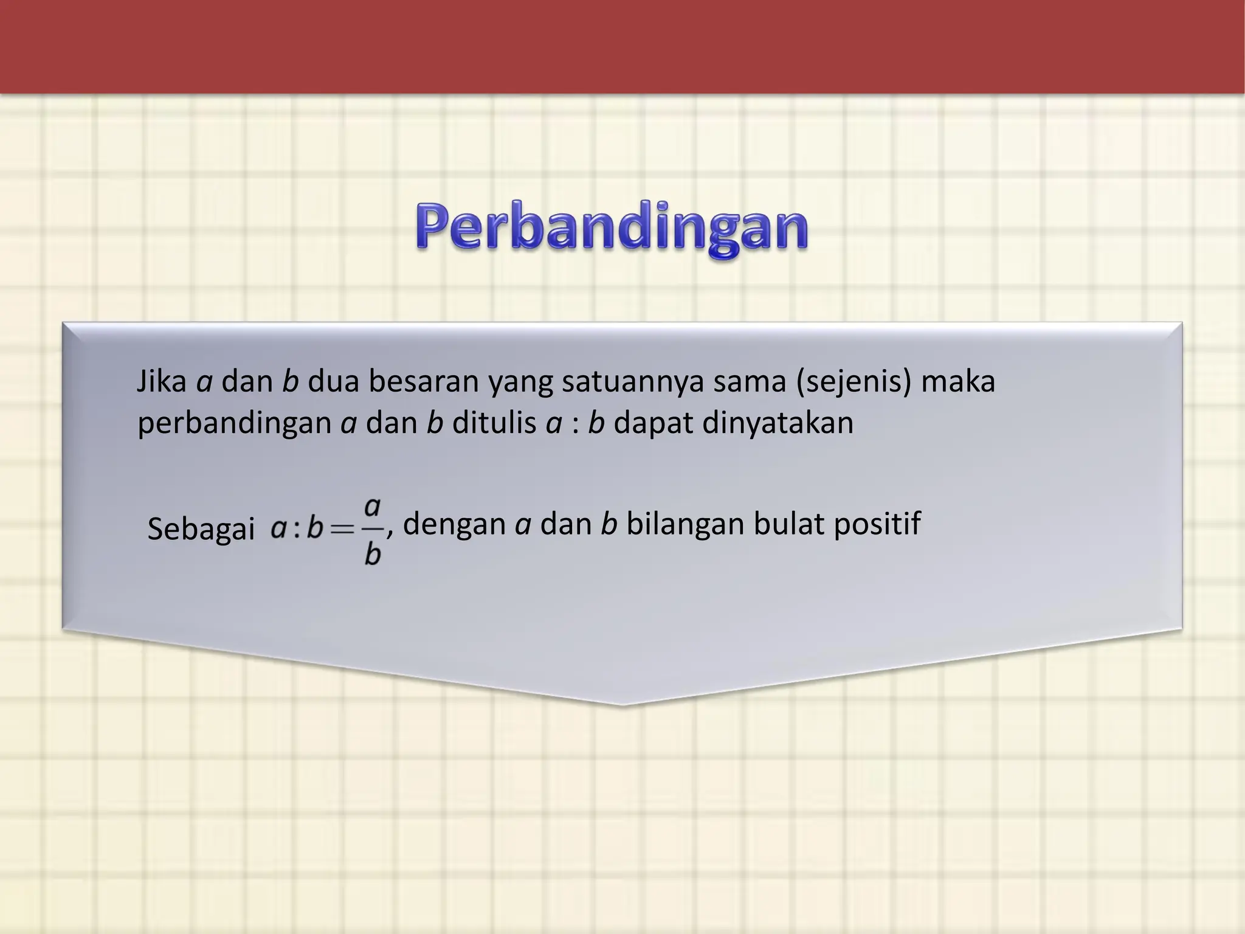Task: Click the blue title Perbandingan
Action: (x=612, y=230)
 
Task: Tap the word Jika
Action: (x=161, y=382)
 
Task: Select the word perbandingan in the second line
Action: (x=234, y=423)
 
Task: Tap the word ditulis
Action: (x=494, y=423)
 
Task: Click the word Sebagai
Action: (x=201, y=529)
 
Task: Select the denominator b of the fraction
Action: (x=373, y=554)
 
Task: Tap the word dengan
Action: (x=454, y=524)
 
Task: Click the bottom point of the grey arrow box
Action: (x=622, y=704)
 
